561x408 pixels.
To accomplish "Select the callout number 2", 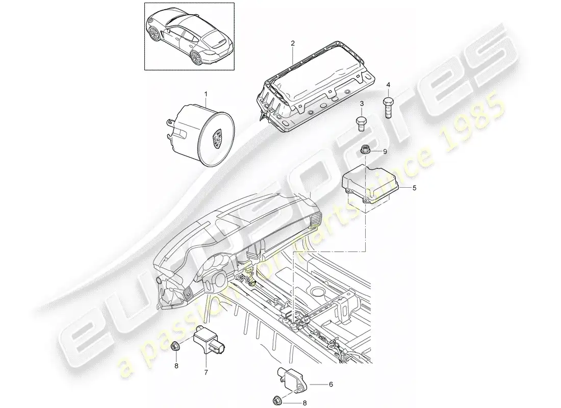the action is click(x=293, y=43).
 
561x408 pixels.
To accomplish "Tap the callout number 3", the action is click(x=362, y=104).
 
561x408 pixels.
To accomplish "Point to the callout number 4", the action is click(x=388, y=85).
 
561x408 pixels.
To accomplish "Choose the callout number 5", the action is click(x=414, y=188).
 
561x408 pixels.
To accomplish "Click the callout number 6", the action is click(x=331, y=385).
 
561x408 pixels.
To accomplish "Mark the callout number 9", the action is click(x=385, y=152).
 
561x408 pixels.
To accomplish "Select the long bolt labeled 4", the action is click(x=388, y=106).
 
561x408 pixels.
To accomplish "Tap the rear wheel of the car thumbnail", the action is click(x=196, y=57).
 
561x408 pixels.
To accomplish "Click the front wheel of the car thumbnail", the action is click(x=155, y=35).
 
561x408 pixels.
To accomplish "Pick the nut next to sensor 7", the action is click(x=175, y=346).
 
